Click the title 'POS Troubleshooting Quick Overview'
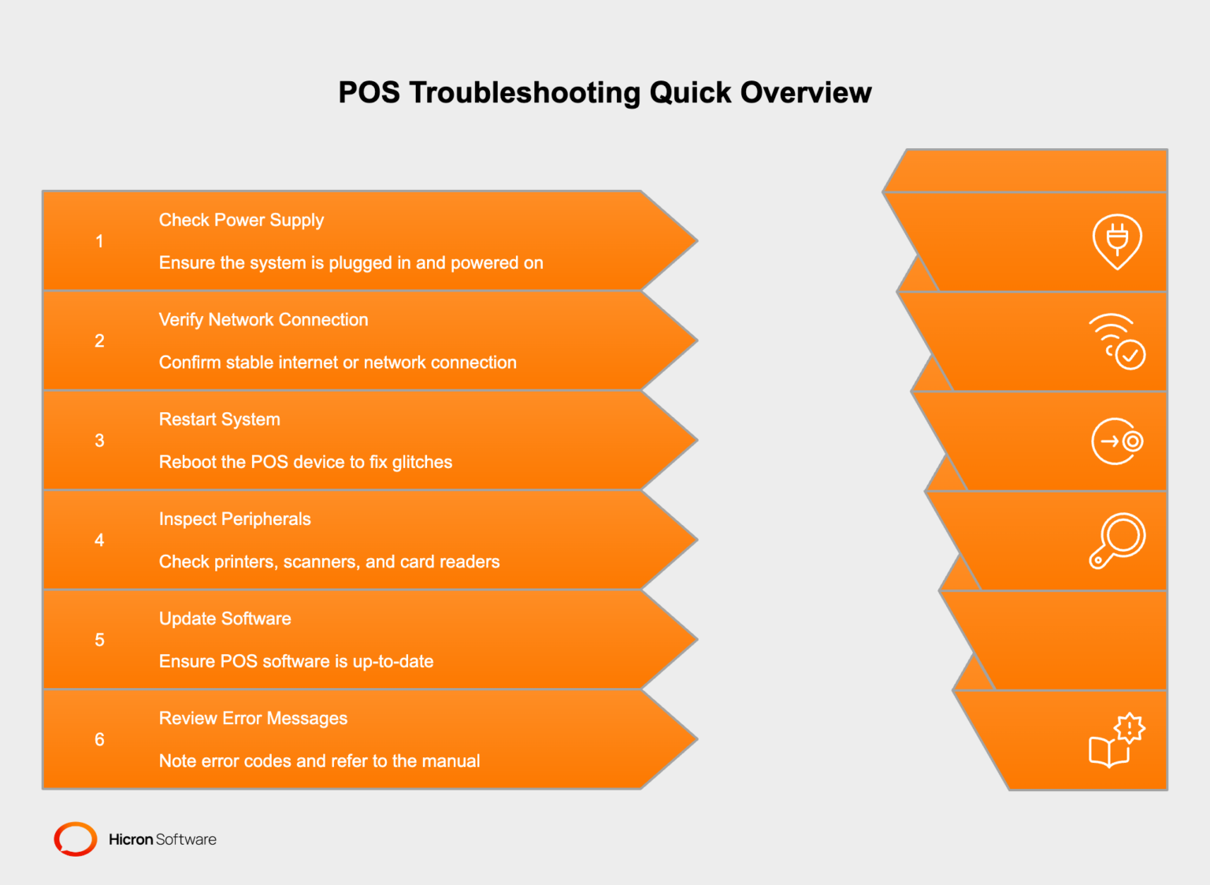[604, 93]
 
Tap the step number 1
[99, 241]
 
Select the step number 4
[99, 540]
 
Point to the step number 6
[99, 739]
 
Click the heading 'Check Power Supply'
[241, 220]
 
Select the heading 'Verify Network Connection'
[263, 319]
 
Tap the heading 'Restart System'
[219, 419]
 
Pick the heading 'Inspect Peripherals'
[235, 519]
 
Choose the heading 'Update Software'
[225, 619]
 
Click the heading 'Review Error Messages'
[253, 718]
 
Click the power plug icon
[1116, 241]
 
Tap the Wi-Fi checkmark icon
[1117, 341]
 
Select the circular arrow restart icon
[1116, 441]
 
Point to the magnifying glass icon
[1117, 541]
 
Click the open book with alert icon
[1116, 740]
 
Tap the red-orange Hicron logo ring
[76, 839]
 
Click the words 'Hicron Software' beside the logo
[162, 839]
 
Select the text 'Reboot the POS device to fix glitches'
[306, 462]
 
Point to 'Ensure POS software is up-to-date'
[296, 661]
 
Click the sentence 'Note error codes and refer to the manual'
[319, 760]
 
